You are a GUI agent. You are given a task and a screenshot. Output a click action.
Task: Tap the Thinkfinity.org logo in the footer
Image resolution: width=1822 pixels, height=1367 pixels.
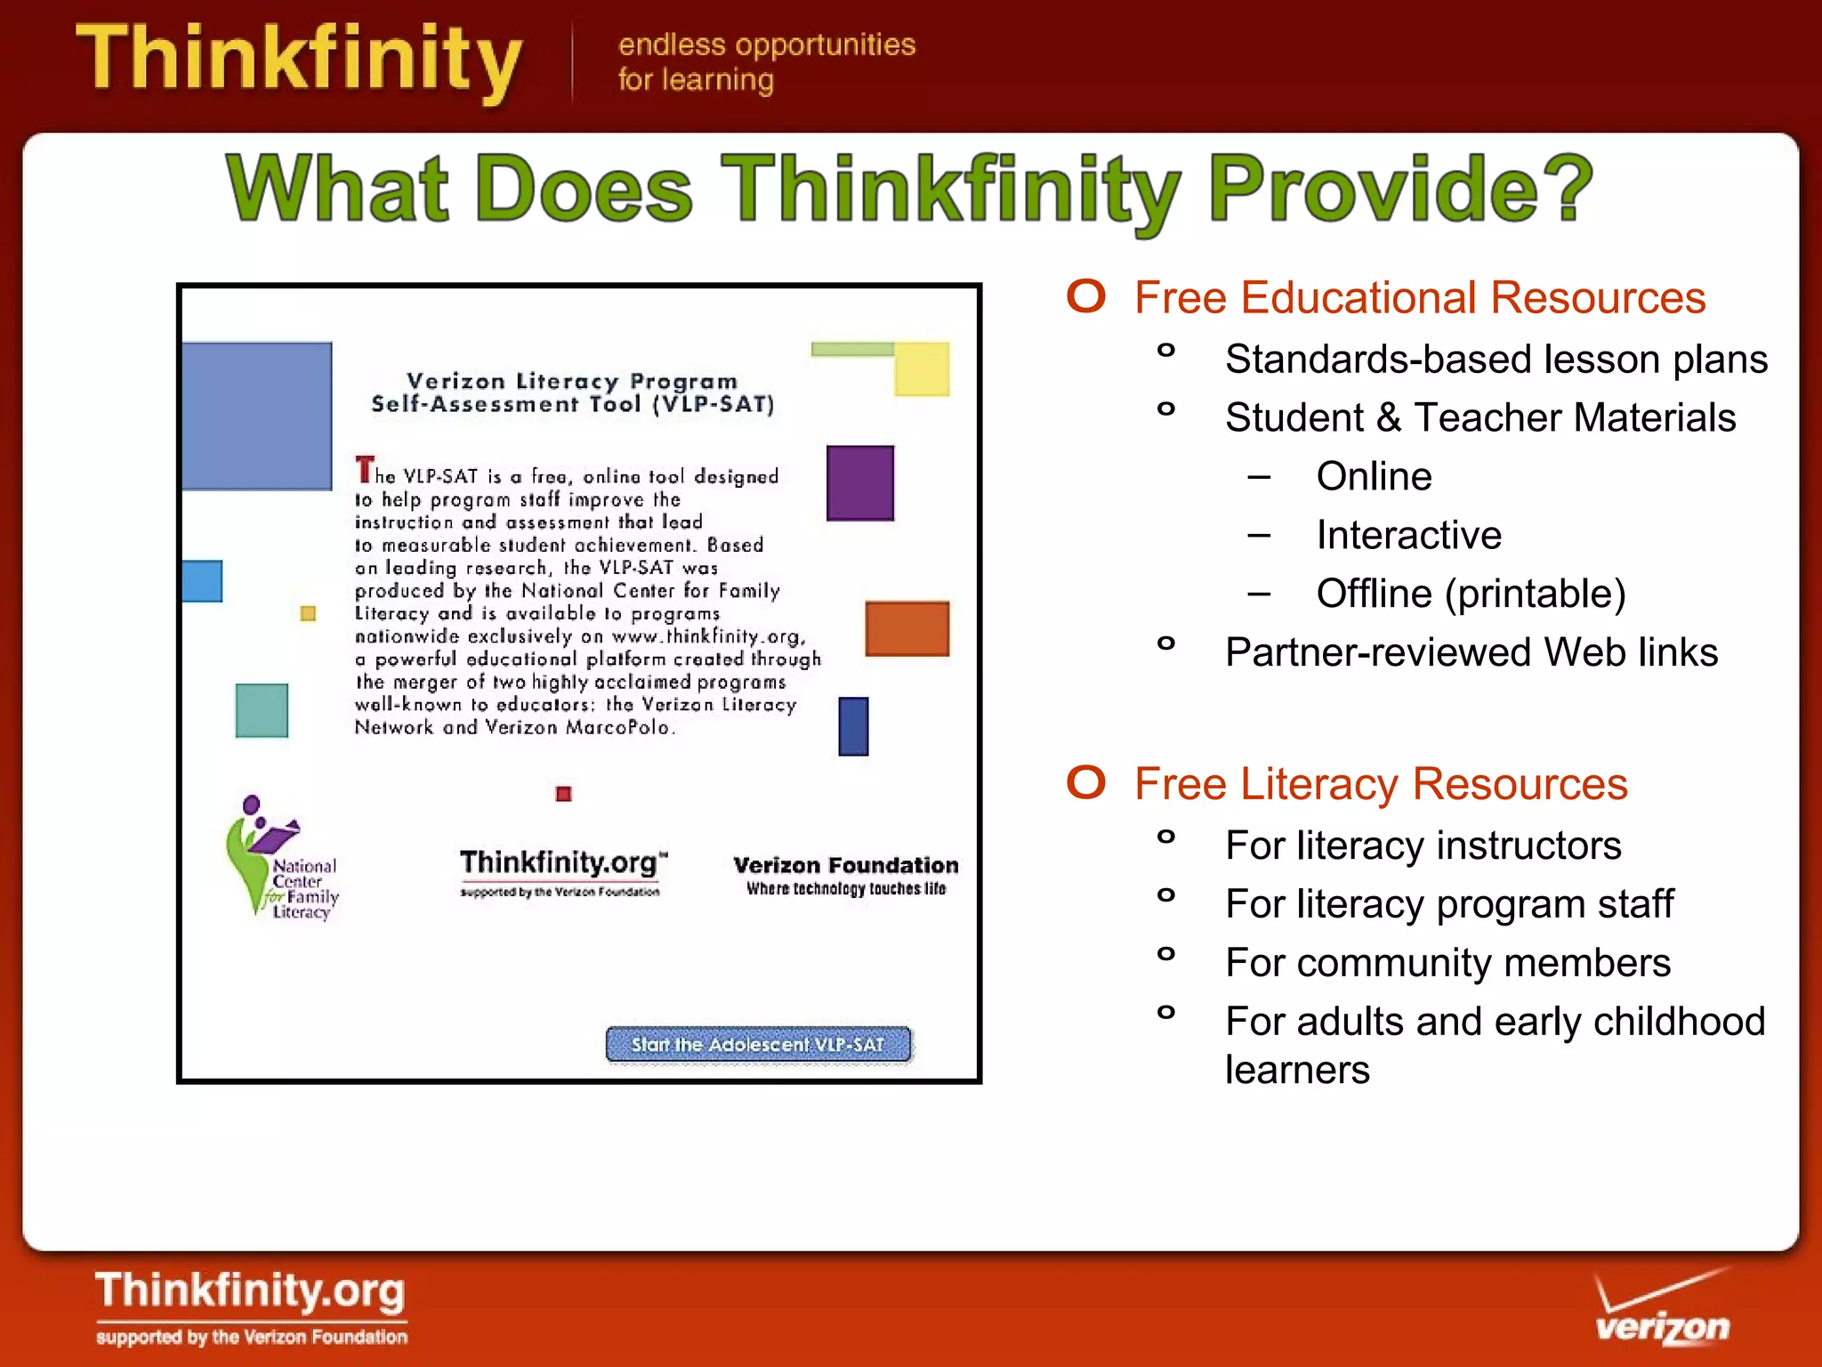pos(251,1305)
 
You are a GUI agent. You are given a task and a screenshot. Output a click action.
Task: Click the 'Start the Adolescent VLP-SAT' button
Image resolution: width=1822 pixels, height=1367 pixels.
pos(758,1044)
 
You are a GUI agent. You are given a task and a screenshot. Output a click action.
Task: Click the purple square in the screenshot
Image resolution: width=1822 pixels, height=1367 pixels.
pos(859,482)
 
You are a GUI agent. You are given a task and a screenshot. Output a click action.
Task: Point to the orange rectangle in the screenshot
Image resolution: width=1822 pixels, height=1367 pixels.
pos(907,628)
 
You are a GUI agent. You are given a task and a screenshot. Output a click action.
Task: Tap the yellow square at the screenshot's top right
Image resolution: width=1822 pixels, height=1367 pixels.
pos(922,369)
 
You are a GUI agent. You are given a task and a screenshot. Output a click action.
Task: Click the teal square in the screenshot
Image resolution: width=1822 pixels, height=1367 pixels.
pos(262,710)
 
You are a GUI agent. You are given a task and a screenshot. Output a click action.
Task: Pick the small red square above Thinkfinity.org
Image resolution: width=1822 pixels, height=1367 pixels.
pos(563,793)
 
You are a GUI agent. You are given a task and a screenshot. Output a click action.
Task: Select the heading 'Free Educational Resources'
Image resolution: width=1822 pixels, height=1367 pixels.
pos(1419,298)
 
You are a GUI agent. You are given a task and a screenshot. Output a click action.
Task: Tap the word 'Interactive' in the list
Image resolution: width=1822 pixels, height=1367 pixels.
pos(1408,535)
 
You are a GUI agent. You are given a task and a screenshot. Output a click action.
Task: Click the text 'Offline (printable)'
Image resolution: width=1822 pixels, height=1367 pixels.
pos(1471,594)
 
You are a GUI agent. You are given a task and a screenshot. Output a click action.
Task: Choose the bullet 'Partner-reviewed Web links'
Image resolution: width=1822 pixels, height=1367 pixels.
pos(1471,652)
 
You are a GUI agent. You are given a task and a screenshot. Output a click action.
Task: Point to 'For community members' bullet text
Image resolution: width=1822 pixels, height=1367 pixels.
pos(1447,963)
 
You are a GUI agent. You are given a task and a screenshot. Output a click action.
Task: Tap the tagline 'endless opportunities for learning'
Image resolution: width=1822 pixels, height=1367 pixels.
pos(765,61)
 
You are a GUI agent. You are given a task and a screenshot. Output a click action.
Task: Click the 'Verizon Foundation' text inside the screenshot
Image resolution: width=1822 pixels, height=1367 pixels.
pos(845,865)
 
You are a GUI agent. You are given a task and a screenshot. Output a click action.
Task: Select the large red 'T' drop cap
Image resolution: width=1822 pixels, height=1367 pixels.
pos(364,469)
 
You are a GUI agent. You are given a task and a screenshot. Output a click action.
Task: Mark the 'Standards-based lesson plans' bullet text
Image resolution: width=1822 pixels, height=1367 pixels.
pos(1495,360)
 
